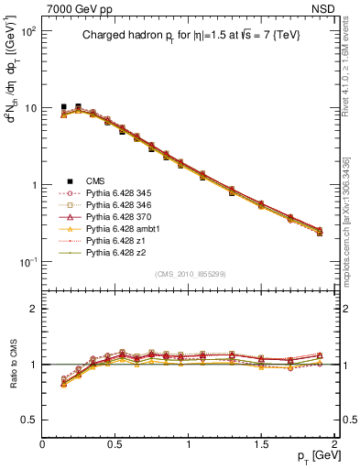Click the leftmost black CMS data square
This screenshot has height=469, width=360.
(x=63, y=107)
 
